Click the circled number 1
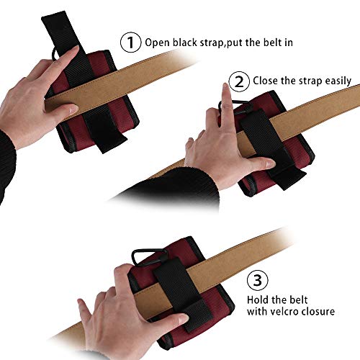click(x=130, y=42)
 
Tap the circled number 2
click(x=239, y=81)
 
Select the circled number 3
click(x=258, y=280)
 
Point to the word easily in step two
click(x=338, y=81)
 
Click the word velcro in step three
click(x=282, y=312)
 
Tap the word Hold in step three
click(x=258, y=300)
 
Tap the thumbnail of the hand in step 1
click(x=73, y=110)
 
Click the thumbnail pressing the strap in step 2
click(x=269, y=165)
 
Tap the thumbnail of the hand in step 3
click(x=183, y=318)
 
